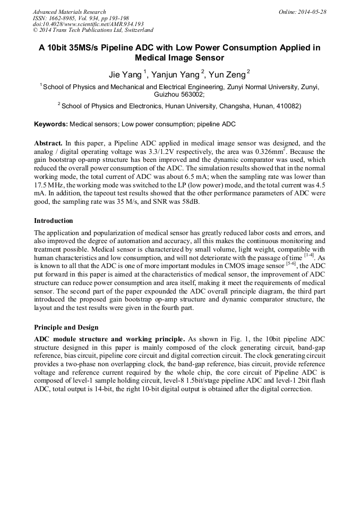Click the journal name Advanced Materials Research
point(69,12)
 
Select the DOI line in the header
point(88,24)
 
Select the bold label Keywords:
point(51,124)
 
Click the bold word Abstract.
point(48,143)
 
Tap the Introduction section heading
point(54,220)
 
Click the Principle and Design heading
point(66,327)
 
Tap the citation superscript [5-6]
point(290,264)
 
